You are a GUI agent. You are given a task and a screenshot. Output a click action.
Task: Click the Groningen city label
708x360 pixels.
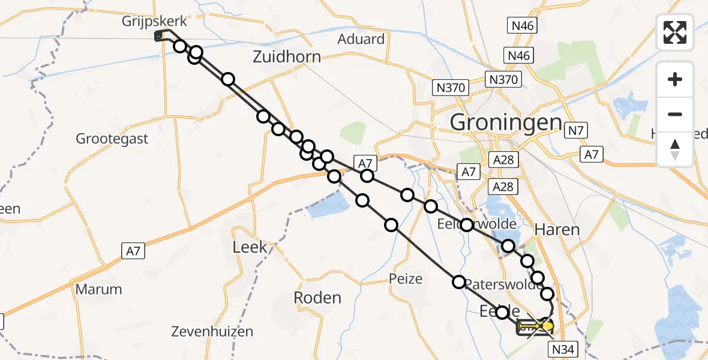[506, 122]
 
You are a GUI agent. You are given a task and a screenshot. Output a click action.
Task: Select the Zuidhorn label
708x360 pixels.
[286, 58]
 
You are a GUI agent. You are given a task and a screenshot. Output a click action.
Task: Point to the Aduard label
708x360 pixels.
[361, 40]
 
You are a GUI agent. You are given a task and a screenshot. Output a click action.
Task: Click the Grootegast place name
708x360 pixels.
[112, 139]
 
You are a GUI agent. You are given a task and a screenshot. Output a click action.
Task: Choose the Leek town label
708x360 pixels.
[250, 247]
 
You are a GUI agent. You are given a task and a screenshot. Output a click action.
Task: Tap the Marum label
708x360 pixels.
[98, 289]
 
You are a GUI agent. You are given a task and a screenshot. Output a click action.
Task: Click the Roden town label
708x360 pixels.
[317, 298]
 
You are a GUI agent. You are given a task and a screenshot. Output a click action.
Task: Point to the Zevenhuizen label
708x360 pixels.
[212, 331]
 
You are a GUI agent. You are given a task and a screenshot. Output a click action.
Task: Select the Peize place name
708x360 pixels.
[406, 279]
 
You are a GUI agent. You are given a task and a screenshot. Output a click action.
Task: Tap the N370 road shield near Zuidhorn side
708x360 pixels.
[451, 88]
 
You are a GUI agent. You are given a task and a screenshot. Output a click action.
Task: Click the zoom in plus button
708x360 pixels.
[675, 79]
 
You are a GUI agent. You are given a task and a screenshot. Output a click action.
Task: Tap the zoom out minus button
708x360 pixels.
[675, 114]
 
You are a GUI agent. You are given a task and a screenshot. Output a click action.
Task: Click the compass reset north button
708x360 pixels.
[675, 149]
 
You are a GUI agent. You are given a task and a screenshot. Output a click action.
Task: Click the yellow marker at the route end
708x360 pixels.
[546, 326]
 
